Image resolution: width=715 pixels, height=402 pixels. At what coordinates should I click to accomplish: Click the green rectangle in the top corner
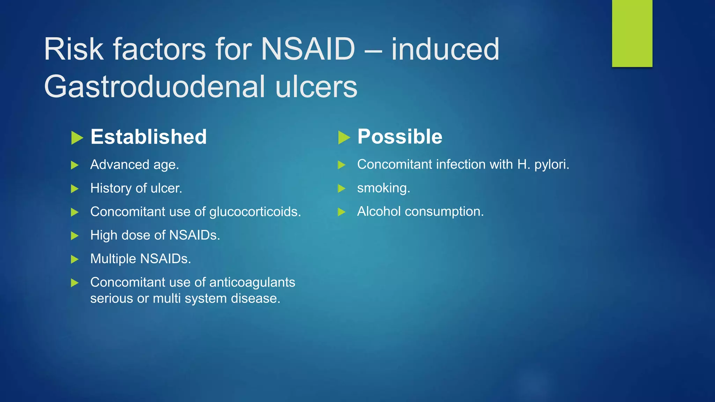tap(632, 33)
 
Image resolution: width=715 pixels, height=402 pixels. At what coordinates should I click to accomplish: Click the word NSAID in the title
tap(308, 50)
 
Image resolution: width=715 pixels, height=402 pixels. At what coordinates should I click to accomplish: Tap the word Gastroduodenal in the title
tap(154, 87)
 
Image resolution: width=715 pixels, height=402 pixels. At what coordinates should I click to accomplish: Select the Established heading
tap(149, 137)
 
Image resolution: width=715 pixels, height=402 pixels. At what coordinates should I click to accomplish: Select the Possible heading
tap(400, 136)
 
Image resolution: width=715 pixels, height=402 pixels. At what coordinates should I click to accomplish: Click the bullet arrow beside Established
tap(77, 137)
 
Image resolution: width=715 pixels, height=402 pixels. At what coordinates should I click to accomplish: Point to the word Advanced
tap(120, 165)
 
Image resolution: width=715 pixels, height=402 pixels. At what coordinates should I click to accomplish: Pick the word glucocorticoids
tap(255, 212)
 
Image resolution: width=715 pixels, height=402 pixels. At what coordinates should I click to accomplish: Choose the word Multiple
tap(113, 259)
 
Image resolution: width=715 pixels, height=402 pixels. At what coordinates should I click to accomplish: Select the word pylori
tap(551, 165)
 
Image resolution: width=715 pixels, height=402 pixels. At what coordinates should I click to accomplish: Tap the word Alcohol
tap(379, 211)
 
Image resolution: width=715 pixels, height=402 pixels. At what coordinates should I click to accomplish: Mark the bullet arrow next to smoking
tap(341, 189)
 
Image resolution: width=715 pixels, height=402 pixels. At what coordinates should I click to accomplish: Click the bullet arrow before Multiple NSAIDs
tap(74, 259)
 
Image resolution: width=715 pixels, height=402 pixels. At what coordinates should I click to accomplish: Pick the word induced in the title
tap(445, 50)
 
